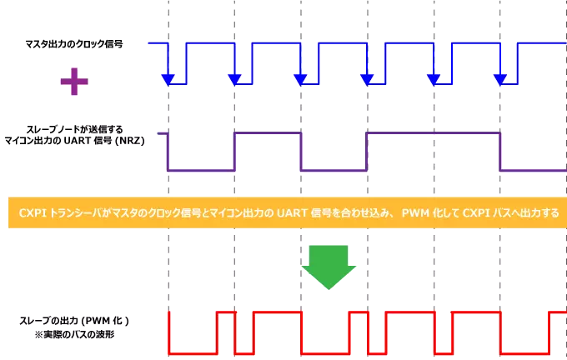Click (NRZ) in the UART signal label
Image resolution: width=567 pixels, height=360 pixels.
pyautogui.click(x=132, y=141)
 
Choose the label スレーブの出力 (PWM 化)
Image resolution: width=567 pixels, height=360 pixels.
pyautogui.click(x=74, y=320)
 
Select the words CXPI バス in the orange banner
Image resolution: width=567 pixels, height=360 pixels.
pyautogui.click(x=479, y=213)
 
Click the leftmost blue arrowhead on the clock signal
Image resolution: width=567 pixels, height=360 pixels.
pyautogui.click(x=168, y=79)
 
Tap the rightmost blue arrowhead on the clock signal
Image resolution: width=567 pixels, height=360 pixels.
pyautogui.click(x=499, y=79)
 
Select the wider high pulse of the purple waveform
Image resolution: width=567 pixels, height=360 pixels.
pyautogui.click(x=433, y=132)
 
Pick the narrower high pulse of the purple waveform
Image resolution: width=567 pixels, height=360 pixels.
pyautogui.click(x=268, y=132)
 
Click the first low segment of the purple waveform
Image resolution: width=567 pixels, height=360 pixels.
pyautogui.click(x=202, y=170)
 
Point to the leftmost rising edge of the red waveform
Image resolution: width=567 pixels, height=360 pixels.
pyautogui.click(x=169, y=332)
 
